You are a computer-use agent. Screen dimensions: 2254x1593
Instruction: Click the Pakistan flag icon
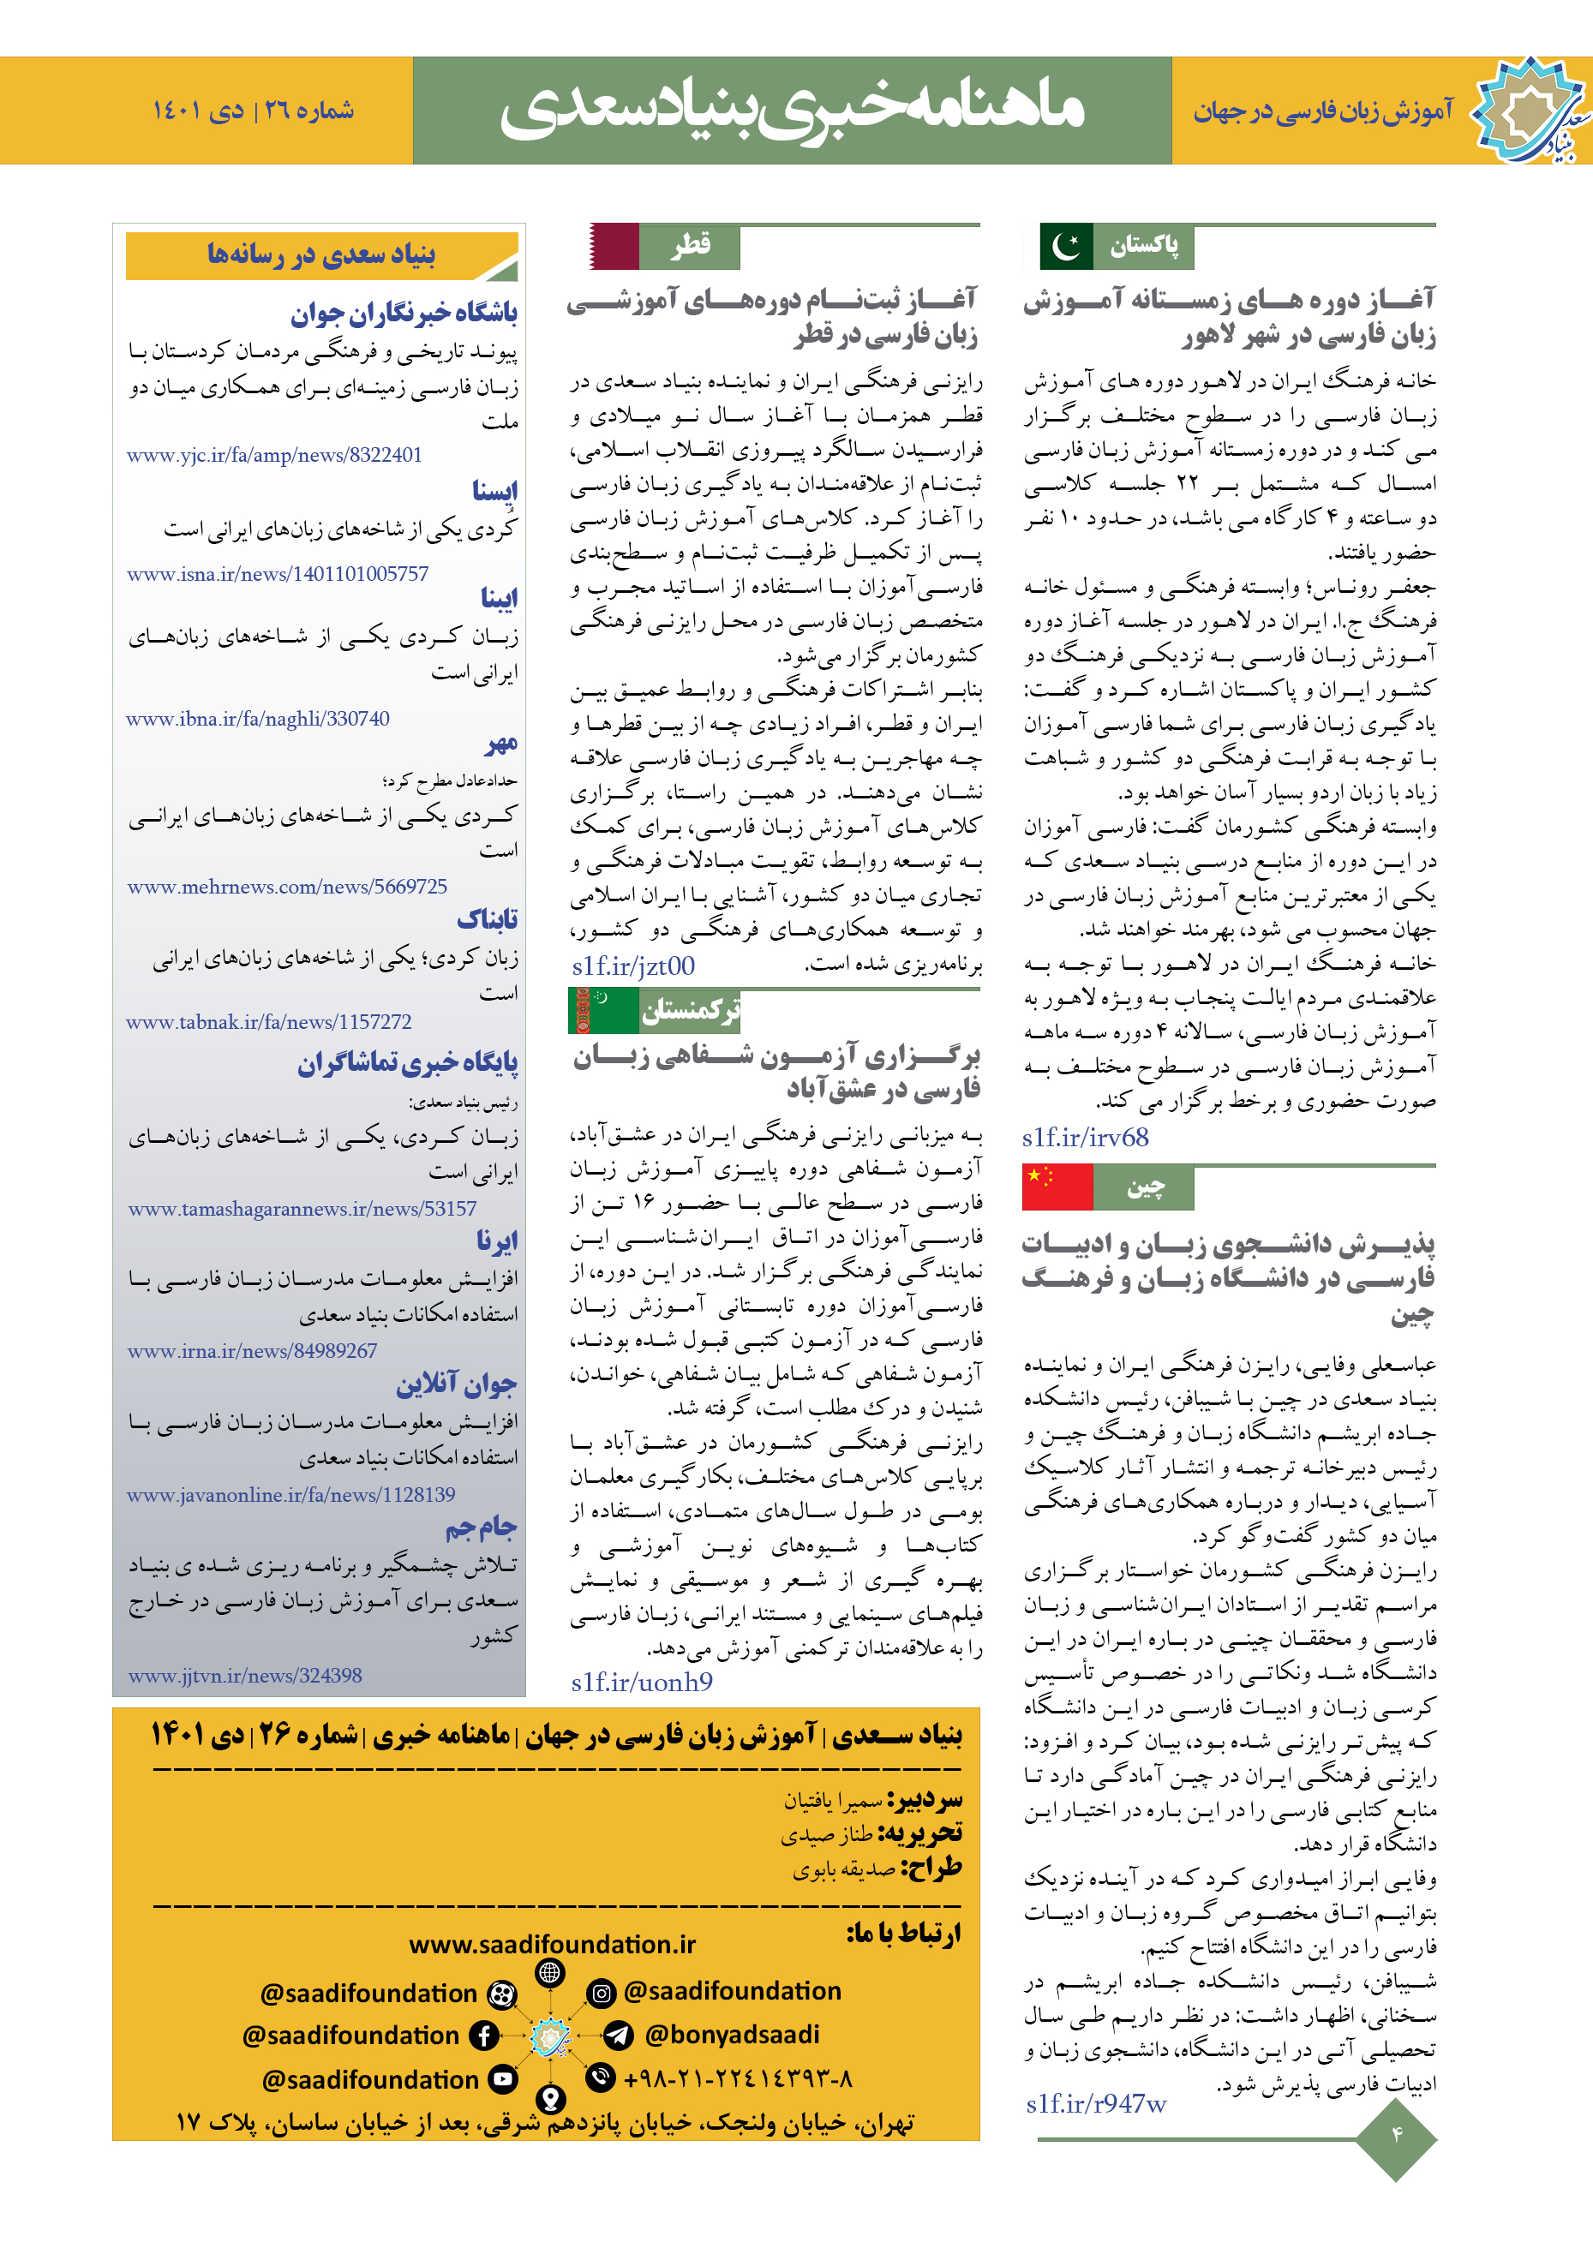[1067, 247]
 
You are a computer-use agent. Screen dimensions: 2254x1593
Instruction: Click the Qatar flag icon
[614, 247]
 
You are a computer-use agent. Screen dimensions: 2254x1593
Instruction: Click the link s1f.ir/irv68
[1085, 1138]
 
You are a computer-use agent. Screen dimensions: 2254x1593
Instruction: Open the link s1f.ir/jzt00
[633, 966]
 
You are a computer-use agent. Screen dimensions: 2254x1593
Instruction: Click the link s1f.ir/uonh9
[641, 1683]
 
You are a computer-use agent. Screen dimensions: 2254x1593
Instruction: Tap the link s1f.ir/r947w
[1096, 2103]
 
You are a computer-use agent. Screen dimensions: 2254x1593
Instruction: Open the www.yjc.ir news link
[274, 455]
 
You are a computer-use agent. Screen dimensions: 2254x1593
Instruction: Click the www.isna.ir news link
[277, 573]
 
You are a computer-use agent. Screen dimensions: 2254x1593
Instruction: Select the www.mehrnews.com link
[287, 887]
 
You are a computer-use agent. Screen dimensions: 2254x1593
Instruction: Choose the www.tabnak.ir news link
[268, 1022]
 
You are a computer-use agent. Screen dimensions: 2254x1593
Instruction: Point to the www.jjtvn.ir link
[244, 1676]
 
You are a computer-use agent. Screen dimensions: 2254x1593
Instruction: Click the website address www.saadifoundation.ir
[552, 1944]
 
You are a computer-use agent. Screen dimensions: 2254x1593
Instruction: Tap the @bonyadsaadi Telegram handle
[732, 2034]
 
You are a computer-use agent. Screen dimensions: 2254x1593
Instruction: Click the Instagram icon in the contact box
[601, 1993]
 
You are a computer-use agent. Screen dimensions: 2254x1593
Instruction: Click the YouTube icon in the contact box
[503, 2078]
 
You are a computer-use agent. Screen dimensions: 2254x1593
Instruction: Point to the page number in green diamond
[1396, 2133]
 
